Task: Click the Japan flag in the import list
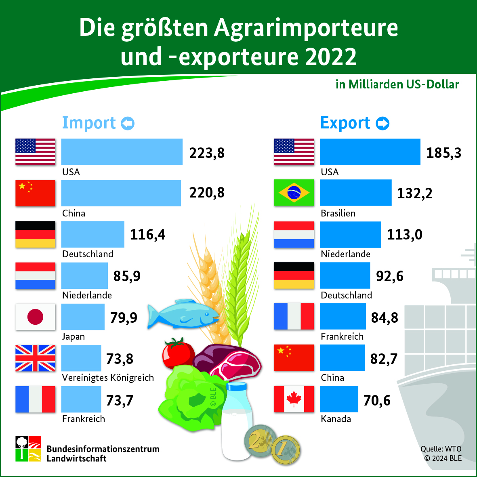35,317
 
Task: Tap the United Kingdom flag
35,358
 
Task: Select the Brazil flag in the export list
294,193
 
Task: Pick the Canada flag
294,399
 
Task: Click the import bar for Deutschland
92,234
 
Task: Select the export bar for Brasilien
355,193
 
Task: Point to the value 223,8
207,153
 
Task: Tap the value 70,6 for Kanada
377,400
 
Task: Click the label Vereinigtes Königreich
108,378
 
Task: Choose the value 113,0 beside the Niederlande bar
405,235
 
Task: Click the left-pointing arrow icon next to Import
128,123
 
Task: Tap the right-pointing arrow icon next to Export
382,123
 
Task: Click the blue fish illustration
183,313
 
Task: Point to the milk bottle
236,420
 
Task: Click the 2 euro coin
260,440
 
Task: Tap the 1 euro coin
286,450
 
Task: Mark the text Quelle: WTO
441,449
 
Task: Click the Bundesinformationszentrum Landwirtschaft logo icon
28,448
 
